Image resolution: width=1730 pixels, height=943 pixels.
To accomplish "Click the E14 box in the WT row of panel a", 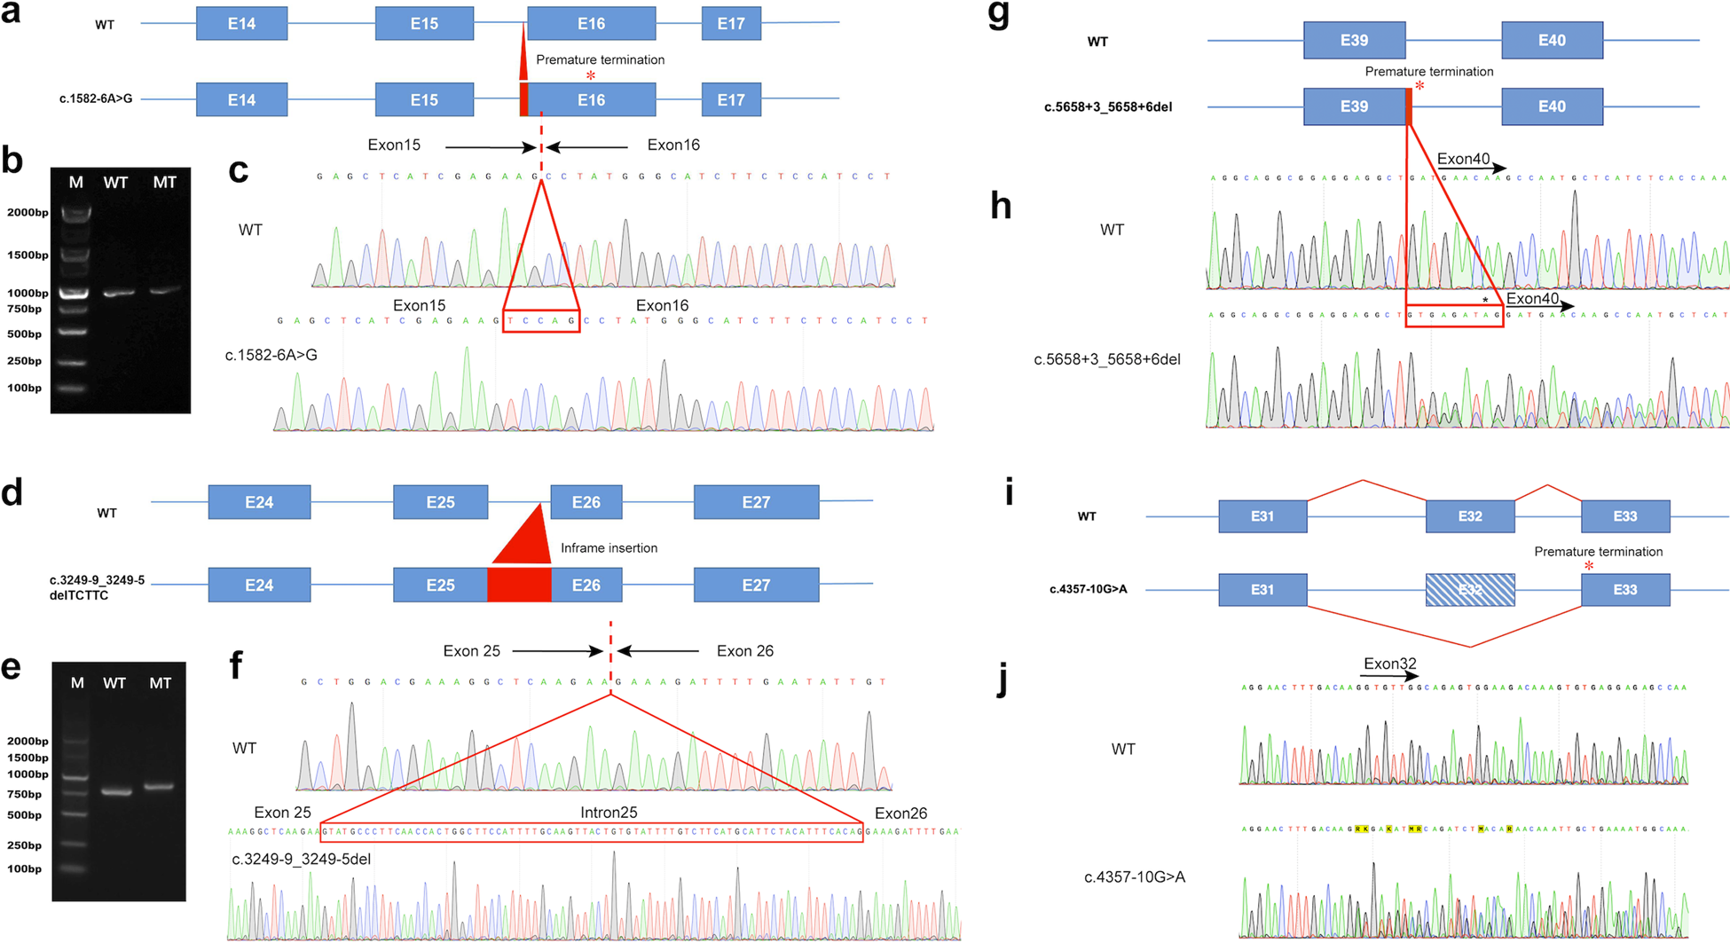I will [241, 24].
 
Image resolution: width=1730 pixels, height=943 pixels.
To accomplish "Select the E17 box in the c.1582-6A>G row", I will [731, 99].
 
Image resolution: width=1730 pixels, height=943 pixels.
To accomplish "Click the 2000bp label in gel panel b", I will [28, 213].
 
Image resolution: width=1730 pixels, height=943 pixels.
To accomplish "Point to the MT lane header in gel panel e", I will [161, 683].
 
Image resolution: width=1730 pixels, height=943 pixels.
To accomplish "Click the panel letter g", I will [999, 16].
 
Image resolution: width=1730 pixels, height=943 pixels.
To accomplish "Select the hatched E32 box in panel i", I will [1470, 590].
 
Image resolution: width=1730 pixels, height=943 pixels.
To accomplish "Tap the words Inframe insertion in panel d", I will [609, 548].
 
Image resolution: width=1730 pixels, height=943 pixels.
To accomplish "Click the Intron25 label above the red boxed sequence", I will [609, 813].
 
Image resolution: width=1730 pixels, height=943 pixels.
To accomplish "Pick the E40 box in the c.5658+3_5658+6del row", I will [1552, 106].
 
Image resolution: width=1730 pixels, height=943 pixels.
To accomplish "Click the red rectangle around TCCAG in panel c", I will [541, 321].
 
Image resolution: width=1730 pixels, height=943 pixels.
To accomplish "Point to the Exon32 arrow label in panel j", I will [1389, 664].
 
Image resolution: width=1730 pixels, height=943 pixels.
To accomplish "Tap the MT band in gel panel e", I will [159, 787].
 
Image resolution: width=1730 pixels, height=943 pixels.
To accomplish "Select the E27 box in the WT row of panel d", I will [756, 502].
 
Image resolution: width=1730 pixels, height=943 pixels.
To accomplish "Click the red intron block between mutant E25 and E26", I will [519, 585].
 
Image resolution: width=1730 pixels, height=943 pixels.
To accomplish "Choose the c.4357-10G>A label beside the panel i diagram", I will [1088, 589].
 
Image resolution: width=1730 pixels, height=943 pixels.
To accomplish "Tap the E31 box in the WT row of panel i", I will [1262, 516].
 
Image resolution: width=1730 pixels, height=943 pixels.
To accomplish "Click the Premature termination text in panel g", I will [1428, 72].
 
